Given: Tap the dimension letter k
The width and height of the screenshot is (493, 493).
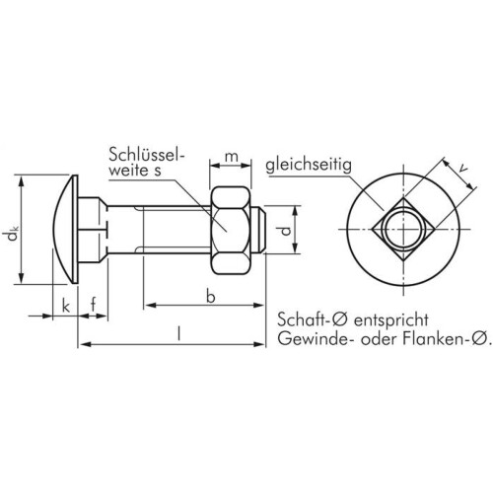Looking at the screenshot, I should pyautogui.click(x=65, y=307).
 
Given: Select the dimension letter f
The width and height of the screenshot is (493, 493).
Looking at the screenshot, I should pyautogui.click(x=95, y=306).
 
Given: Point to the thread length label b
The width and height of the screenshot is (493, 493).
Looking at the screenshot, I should pyautogui.click(x=210, y=296).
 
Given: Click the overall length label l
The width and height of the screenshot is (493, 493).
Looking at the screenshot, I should pyautogui.click(x=177, y=333).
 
